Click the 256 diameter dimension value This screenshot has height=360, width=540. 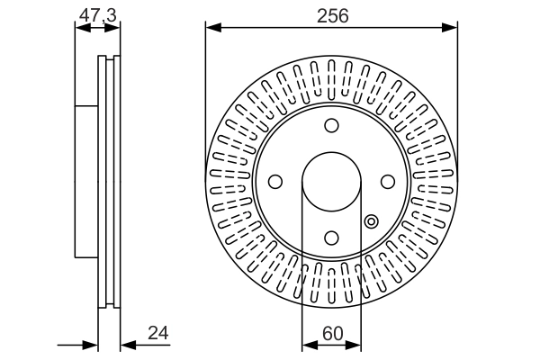click(332, 16)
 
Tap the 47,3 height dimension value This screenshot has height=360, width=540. click(98, 15)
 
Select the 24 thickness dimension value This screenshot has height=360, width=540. click(158, 333)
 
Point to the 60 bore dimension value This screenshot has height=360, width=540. click(333, 333)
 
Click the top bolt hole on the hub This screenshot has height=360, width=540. click(331, 125)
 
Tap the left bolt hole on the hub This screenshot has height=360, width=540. click(275, 182)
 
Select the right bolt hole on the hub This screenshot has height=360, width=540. click(388, 182)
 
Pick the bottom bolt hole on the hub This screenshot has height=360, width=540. click(331, 238)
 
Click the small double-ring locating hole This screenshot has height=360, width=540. click(371, 221)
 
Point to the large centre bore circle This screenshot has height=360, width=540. click(331, 152)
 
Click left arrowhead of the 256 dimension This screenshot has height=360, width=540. click(213, 27)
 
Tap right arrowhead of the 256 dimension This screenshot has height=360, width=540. click(450, 27)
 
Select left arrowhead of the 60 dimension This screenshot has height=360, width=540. click(310, 345)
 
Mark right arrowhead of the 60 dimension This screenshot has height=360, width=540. click(354, 345)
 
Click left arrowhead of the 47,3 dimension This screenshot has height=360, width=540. click(83, 28)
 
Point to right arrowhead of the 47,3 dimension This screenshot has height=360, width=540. click(112, 28)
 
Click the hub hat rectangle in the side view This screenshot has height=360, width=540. click(86, 182)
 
